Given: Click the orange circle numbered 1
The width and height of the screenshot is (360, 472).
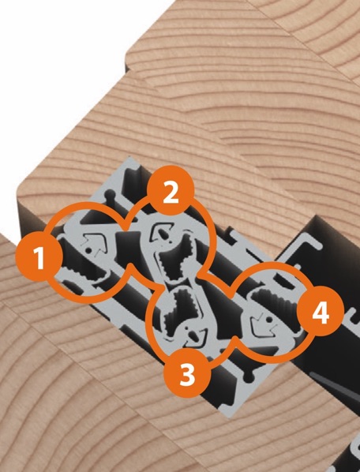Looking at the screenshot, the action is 39,257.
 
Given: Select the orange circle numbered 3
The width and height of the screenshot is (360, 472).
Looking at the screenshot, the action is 187,373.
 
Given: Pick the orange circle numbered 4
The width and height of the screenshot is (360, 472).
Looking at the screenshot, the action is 321,312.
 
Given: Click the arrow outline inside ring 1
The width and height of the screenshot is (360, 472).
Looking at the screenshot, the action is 95,242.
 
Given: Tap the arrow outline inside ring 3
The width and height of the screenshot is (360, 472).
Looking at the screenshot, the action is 194,335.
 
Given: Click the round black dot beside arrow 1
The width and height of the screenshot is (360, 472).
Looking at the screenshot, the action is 88,250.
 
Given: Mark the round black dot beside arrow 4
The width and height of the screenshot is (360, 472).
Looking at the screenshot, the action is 269,320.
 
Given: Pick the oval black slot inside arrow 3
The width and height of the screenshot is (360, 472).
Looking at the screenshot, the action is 192,334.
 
